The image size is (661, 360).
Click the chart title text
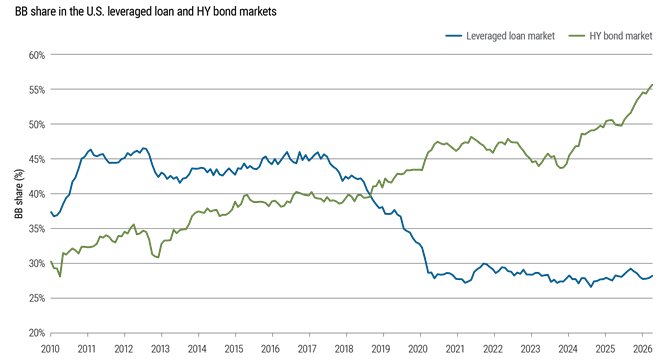point(145,11)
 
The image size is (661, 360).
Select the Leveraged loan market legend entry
point(500,36)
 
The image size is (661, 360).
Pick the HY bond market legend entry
point(610,36)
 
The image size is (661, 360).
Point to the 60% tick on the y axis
point(37,55)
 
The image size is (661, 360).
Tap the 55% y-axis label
point(37,90)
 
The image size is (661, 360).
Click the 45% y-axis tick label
point(37,159)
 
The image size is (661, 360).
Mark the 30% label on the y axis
point(37,263)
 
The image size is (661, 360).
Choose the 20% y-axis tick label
point(37,333)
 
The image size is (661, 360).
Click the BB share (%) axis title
point(19,194)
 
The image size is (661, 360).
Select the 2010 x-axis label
point(50,349)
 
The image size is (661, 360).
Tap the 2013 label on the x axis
point(161,349)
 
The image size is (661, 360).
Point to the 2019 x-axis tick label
point(382,349)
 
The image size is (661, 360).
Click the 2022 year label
point(493,349)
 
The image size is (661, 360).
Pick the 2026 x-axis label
point(641,349)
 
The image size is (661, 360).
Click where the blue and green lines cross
point(371,196)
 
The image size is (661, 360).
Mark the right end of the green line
point(653,85)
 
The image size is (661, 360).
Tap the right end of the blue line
point(653,276)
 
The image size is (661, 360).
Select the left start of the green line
point(51,261)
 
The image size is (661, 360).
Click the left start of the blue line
point(51,212)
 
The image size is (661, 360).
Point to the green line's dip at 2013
point(158,257)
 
